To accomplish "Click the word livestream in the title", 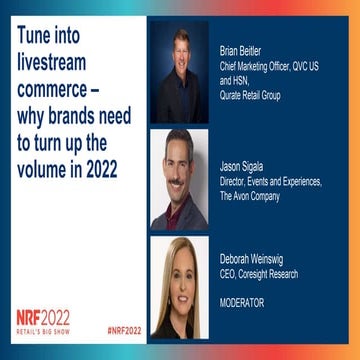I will [x=60, y=63].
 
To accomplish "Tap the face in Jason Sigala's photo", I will [x=179, y=164].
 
